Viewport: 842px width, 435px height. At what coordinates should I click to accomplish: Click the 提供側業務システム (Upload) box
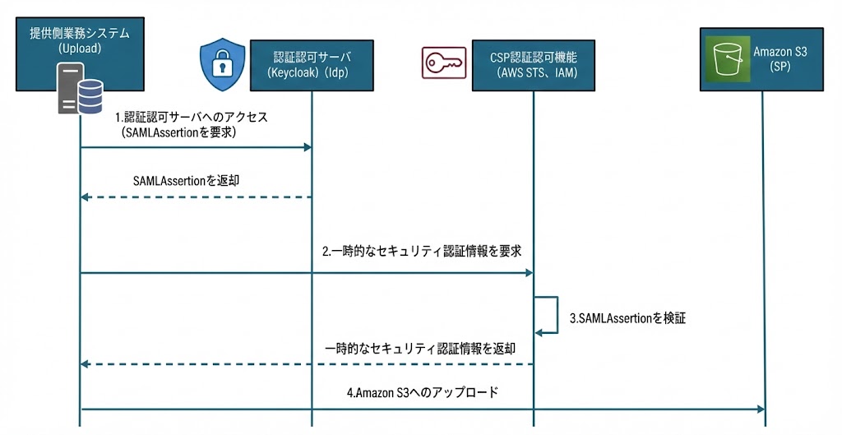(80, 40)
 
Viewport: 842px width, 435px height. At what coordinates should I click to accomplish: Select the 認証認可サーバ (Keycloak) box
(312, 65)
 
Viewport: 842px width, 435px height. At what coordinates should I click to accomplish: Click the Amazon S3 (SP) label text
(780, 59)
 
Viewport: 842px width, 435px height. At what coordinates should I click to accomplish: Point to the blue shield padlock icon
(218, 64)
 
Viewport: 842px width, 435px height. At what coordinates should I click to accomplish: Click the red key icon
(443, 63)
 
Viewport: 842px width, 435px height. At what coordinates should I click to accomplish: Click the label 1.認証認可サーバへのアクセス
(190, 117)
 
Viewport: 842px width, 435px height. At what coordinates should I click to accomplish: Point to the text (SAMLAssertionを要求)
(178, 132)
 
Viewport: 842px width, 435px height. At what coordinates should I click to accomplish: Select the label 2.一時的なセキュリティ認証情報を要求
(422, 251)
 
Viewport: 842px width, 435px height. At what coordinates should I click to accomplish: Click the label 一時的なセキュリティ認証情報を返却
(420, 349)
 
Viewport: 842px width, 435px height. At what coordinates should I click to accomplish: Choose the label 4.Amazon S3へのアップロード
(422, 393)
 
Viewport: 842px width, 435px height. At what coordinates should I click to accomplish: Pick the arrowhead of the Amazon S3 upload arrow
(761, 410)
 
